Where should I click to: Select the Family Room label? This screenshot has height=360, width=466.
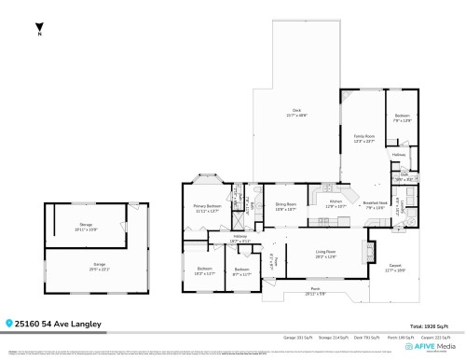(x=363, y=138)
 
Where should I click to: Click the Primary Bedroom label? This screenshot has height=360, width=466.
(x=207, y=208)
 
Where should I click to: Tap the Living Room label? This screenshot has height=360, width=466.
(x=325, y=253)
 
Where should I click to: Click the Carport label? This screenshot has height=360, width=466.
(x=395, y=267)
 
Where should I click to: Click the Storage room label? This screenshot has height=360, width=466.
(x=86, y=227)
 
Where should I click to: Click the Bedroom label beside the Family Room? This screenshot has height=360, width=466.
(x=402, y=118)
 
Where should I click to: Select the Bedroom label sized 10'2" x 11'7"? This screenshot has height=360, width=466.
(x=204, y=271)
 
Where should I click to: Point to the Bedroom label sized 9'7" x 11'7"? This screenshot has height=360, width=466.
(x=241, y=271)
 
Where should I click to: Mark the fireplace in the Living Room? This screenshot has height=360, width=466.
(x=368, y=252)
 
